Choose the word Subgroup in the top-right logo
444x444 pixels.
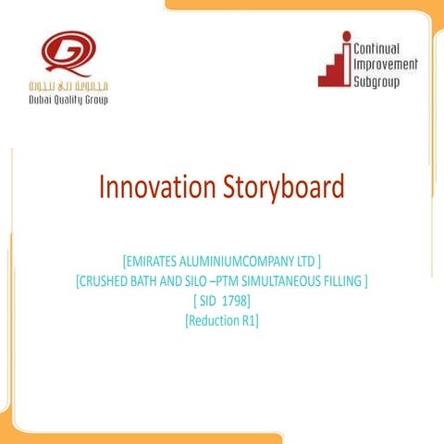[379, 82]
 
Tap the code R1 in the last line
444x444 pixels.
[247, 319]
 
